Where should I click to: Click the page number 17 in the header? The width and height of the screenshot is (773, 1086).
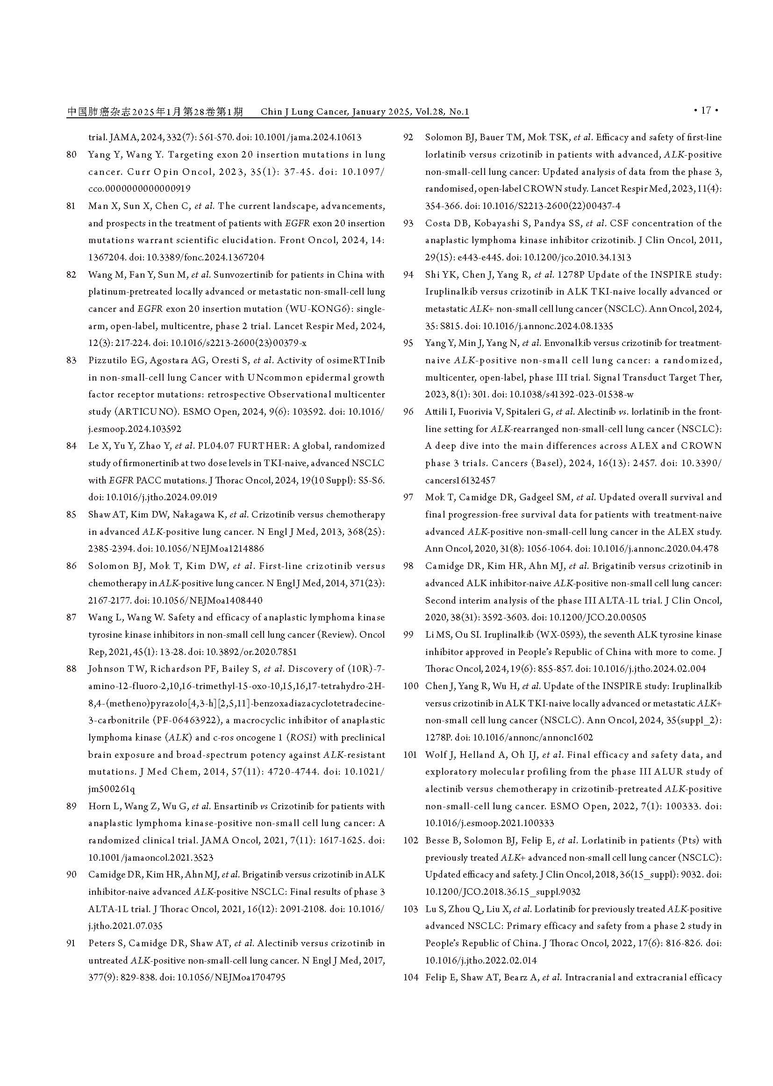[706, 110]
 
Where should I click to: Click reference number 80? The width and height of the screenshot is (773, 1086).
[72, 155]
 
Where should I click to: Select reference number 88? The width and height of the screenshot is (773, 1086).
[72, 669]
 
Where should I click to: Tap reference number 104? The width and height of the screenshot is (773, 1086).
[410, 978]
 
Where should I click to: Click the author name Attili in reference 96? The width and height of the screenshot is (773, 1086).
[435, 412]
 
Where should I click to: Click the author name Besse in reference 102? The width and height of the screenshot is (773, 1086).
[437, 840]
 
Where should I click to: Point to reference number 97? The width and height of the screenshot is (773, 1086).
[408, 497]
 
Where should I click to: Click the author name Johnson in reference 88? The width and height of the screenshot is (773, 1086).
[105, 669]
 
